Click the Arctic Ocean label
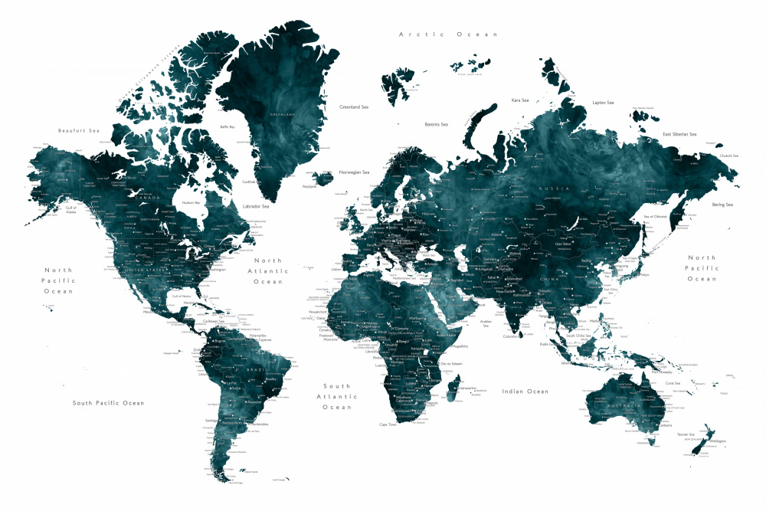coord(448,34)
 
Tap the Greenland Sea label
coord(354,107)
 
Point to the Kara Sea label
coord(520,100)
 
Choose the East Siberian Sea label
coord(679,135)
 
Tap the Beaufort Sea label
coord(79,131)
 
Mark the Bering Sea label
coord(723,205)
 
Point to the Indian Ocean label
coord(525,391)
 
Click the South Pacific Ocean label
coord(108,403)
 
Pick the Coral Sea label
coord(673,382)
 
